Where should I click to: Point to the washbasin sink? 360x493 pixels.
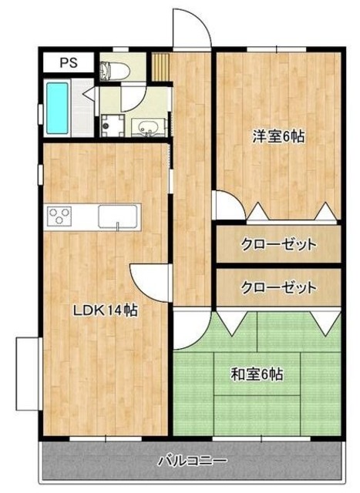[x=146, y=127]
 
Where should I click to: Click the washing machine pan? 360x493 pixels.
[x=113, y=125]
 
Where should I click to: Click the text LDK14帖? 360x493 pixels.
[x=105, y=311]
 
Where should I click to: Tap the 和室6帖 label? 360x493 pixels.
[x=257, y=375]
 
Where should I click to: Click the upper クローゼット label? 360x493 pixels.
[x=278, y=246]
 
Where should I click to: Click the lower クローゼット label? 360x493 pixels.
[x=278, y=288]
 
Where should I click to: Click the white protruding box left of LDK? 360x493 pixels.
[x=29, y=374]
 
